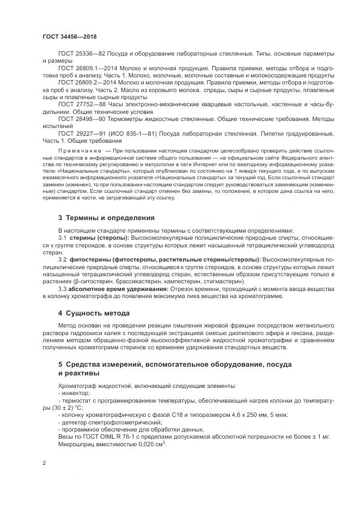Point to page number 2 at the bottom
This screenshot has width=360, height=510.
pos(44,462)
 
